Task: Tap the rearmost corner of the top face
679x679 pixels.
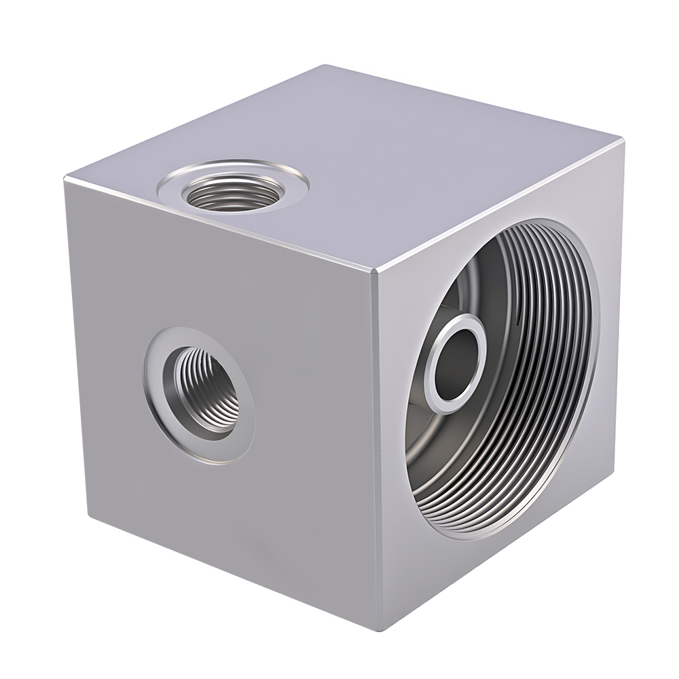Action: click(x=328, y=66)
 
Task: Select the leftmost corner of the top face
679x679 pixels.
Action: click(x=66, y=179)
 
